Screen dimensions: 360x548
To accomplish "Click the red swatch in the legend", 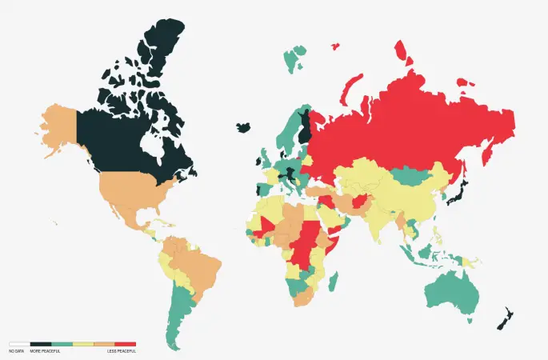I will (126, 344).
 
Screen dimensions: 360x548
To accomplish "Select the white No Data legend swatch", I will (18, 344).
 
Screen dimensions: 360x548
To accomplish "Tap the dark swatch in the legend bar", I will (40, 344).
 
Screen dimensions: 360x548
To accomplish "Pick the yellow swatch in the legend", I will (83, 344).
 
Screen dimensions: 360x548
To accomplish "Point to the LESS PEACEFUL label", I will (122, 351).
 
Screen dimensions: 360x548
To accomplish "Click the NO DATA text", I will (16, 351).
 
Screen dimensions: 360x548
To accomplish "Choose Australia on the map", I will (447, 287).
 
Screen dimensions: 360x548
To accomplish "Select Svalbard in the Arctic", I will (296, 56).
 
